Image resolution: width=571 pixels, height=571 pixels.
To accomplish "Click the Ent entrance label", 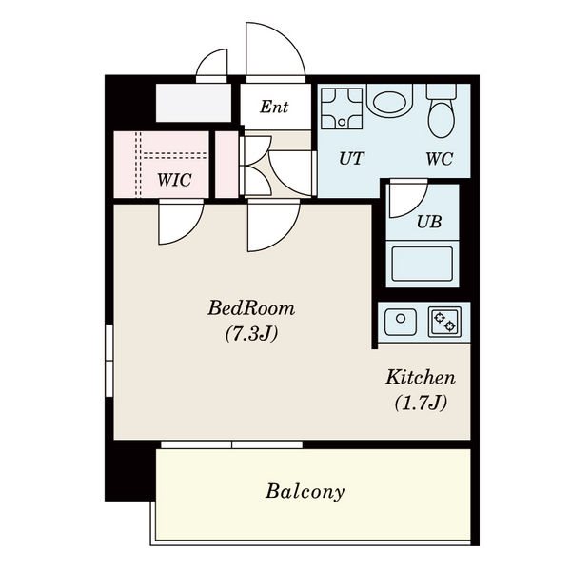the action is pos(274,107).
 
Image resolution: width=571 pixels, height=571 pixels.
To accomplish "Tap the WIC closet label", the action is pos(174,180).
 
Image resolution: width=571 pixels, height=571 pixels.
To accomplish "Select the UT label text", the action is pos(351,158).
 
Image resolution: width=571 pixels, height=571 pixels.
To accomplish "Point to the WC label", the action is pos(440,159).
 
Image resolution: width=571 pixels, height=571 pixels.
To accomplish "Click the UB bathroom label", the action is pos(429,222).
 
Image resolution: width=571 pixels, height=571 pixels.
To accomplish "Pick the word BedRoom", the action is pos(251,308).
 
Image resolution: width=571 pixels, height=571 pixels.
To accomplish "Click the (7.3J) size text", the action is pos(251,333).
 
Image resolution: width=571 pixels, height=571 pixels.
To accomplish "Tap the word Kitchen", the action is pos(421,377).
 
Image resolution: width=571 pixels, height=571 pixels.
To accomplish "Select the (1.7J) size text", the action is pos(421,403).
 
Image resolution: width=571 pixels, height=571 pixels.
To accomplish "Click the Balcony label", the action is pos(305,491).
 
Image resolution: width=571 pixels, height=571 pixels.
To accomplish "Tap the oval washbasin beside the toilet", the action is pos(389,103).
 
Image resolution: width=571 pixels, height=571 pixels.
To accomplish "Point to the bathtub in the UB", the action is pos(422,264).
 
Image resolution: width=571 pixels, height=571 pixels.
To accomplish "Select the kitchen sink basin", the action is pos(401,322).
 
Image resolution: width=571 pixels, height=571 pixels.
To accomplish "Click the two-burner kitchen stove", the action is pos(444,322).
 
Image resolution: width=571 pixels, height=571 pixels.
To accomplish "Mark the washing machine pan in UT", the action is pos(342,108).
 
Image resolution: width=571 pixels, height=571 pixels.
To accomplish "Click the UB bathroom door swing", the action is pos(408,200).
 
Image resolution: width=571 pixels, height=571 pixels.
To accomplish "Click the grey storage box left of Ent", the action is pos(194,103).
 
